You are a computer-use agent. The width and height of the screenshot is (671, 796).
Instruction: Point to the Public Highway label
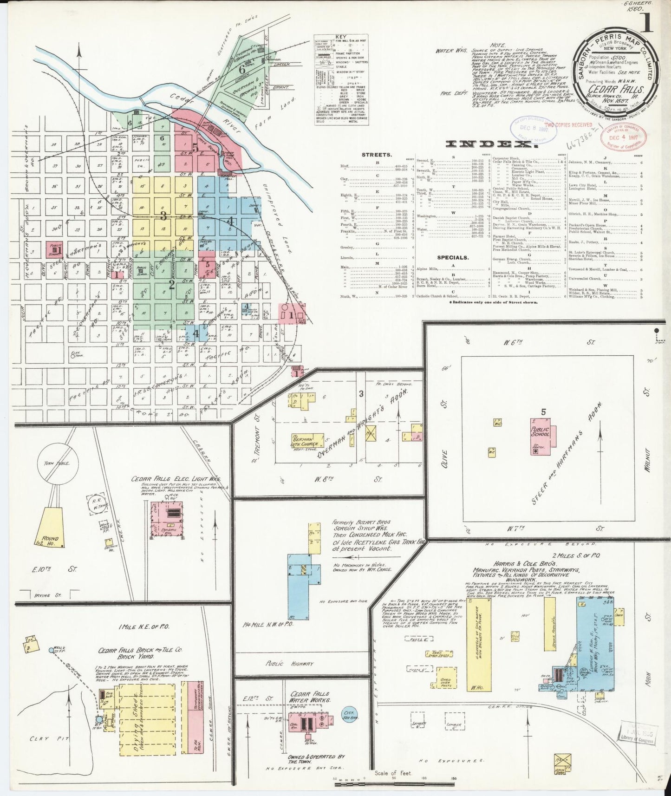(x=284, y=664)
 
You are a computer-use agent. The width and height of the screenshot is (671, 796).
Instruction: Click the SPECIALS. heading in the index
(x=452, y=257)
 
